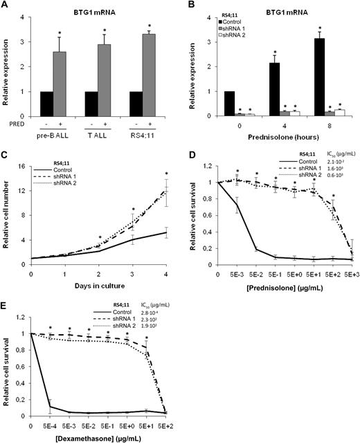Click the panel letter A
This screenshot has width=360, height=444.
(6, 6)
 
